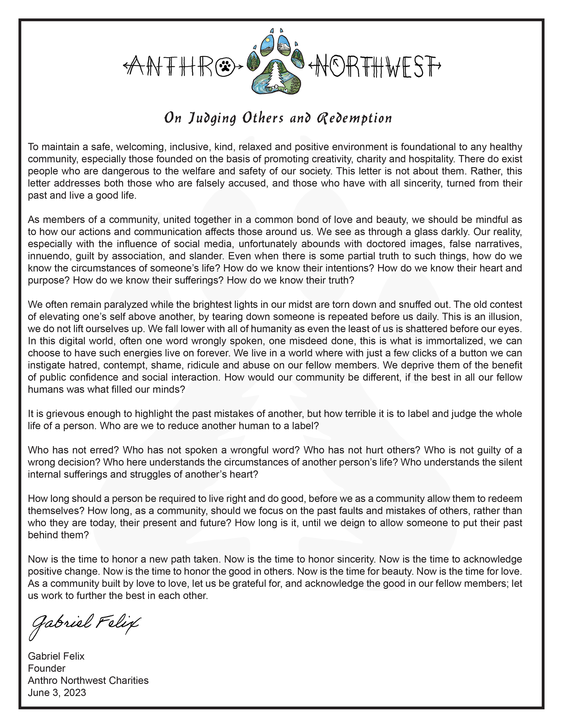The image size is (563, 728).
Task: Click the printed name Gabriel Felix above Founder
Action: pyautogui.click(x=56, y=656)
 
